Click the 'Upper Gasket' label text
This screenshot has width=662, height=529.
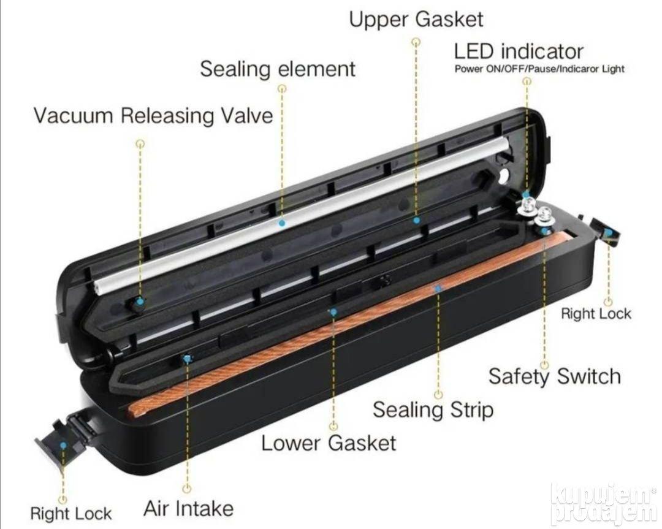pyautogui.click(x=416, y=20)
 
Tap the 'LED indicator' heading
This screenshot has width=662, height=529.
pyautogui.click(x=519, y=51)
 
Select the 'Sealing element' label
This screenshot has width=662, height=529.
pyautogui.click(x=278, y=69)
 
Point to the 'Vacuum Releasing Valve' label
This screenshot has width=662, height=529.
pyautogui.click(x=153, y=115)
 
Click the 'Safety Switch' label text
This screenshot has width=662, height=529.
pyautogui.click(x=555, y=376)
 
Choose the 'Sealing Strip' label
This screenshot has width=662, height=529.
pyautogui.click(x=433, y=409)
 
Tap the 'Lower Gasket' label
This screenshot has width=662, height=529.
pyautogui.click(x=329, y=443)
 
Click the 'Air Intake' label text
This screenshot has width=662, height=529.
pyautogui.click(x=188, y=508)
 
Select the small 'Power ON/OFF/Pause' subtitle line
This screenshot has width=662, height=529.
pyautogui.click(x=539, y=69)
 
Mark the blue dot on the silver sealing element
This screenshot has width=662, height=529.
pyautogui.click(x=283, y=223)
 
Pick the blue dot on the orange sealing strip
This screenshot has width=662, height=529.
pyautogui.click(x=439, y=289)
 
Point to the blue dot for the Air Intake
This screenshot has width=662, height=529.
pyautogui.click(x=187, y=359)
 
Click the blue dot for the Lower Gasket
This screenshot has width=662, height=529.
pyautogui.click(x=333, y=312)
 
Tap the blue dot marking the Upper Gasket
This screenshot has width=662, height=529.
pyautogui.click(x=417, y=220)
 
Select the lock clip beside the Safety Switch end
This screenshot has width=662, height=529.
pyautogui.click(x=606, y=232)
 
